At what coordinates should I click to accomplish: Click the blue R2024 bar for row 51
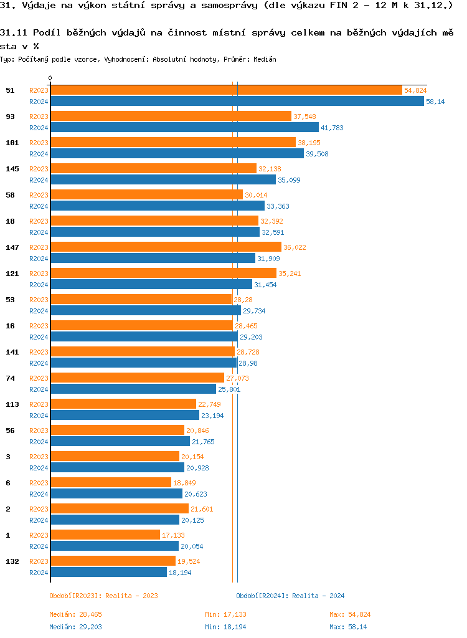click(x=237, y=102)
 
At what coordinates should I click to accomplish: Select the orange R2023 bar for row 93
click(x=171, y=117)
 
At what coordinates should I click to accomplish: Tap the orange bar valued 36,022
click(x=166, y=247)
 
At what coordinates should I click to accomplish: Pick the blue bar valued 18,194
click(x=108, y=573)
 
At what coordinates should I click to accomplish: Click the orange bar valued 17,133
click(x=105, y=535)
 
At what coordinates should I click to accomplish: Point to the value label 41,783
click(x=332, y=128)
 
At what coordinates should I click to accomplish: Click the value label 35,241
click(x=290, y=274)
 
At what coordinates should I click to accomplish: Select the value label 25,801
click(x=229, y=389)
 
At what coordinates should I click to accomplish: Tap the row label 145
click(x=12, y=169)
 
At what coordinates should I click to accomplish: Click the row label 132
click(x=12, y=561)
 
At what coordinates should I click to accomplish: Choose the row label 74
click(x=10, y=378)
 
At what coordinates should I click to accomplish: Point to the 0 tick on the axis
click(x=50, y=79)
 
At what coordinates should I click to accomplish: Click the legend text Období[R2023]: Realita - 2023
click(x=103, y=596)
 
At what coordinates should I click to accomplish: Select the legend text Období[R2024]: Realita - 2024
click(x=290, y=596)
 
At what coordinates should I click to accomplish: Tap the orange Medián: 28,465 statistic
click(x=75, y=614)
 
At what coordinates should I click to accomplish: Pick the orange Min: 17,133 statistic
click(x=225, y=614)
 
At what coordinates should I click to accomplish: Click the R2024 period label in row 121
click(x=39, y=285)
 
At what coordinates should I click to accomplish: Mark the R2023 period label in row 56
click(x=39, y=431)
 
